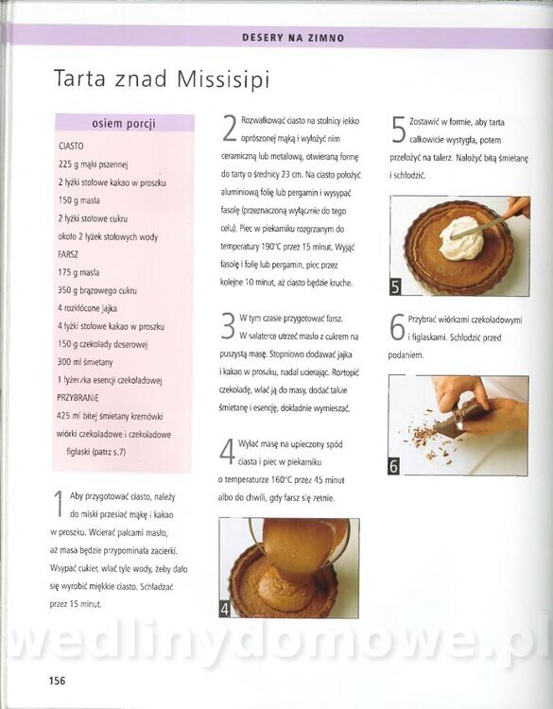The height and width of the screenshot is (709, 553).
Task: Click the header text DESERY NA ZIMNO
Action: [x=293, y=38]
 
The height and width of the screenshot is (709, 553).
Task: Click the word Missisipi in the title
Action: [x=223, y=79]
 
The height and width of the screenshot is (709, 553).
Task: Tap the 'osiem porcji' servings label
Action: [x=124, y=124]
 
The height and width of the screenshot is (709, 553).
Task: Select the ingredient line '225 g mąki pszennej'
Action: [x=94, y=164]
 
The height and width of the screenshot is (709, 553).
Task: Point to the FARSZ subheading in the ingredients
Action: [x=68, y=254]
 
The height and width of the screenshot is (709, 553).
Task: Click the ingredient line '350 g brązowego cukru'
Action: [x=97, y=290]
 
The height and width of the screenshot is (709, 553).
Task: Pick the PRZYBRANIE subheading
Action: [x=78, y=398]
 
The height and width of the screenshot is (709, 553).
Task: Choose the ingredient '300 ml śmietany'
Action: [x=85, y=362]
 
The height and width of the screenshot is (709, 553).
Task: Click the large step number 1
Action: [x=58, y=505]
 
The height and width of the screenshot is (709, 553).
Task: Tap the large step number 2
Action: [x=230, y=129]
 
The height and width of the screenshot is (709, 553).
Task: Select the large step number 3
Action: [x=228, y=326]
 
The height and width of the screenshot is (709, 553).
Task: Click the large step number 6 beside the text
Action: [x=397, y=327]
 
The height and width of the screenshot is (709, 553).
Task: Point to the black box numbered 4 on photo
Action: [x=225, y=609]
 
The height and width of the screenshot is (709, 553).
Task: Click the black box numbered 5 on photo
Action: [x=395, y=286]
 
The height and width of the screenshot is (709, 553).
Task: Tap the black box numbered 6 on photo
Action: [x=393, y=466]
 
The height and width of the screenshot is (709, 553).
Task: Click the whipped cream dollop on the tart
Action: [x=459, y=238]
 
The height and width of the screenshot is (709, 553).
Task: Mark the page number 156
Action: [x=57, y=681]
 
